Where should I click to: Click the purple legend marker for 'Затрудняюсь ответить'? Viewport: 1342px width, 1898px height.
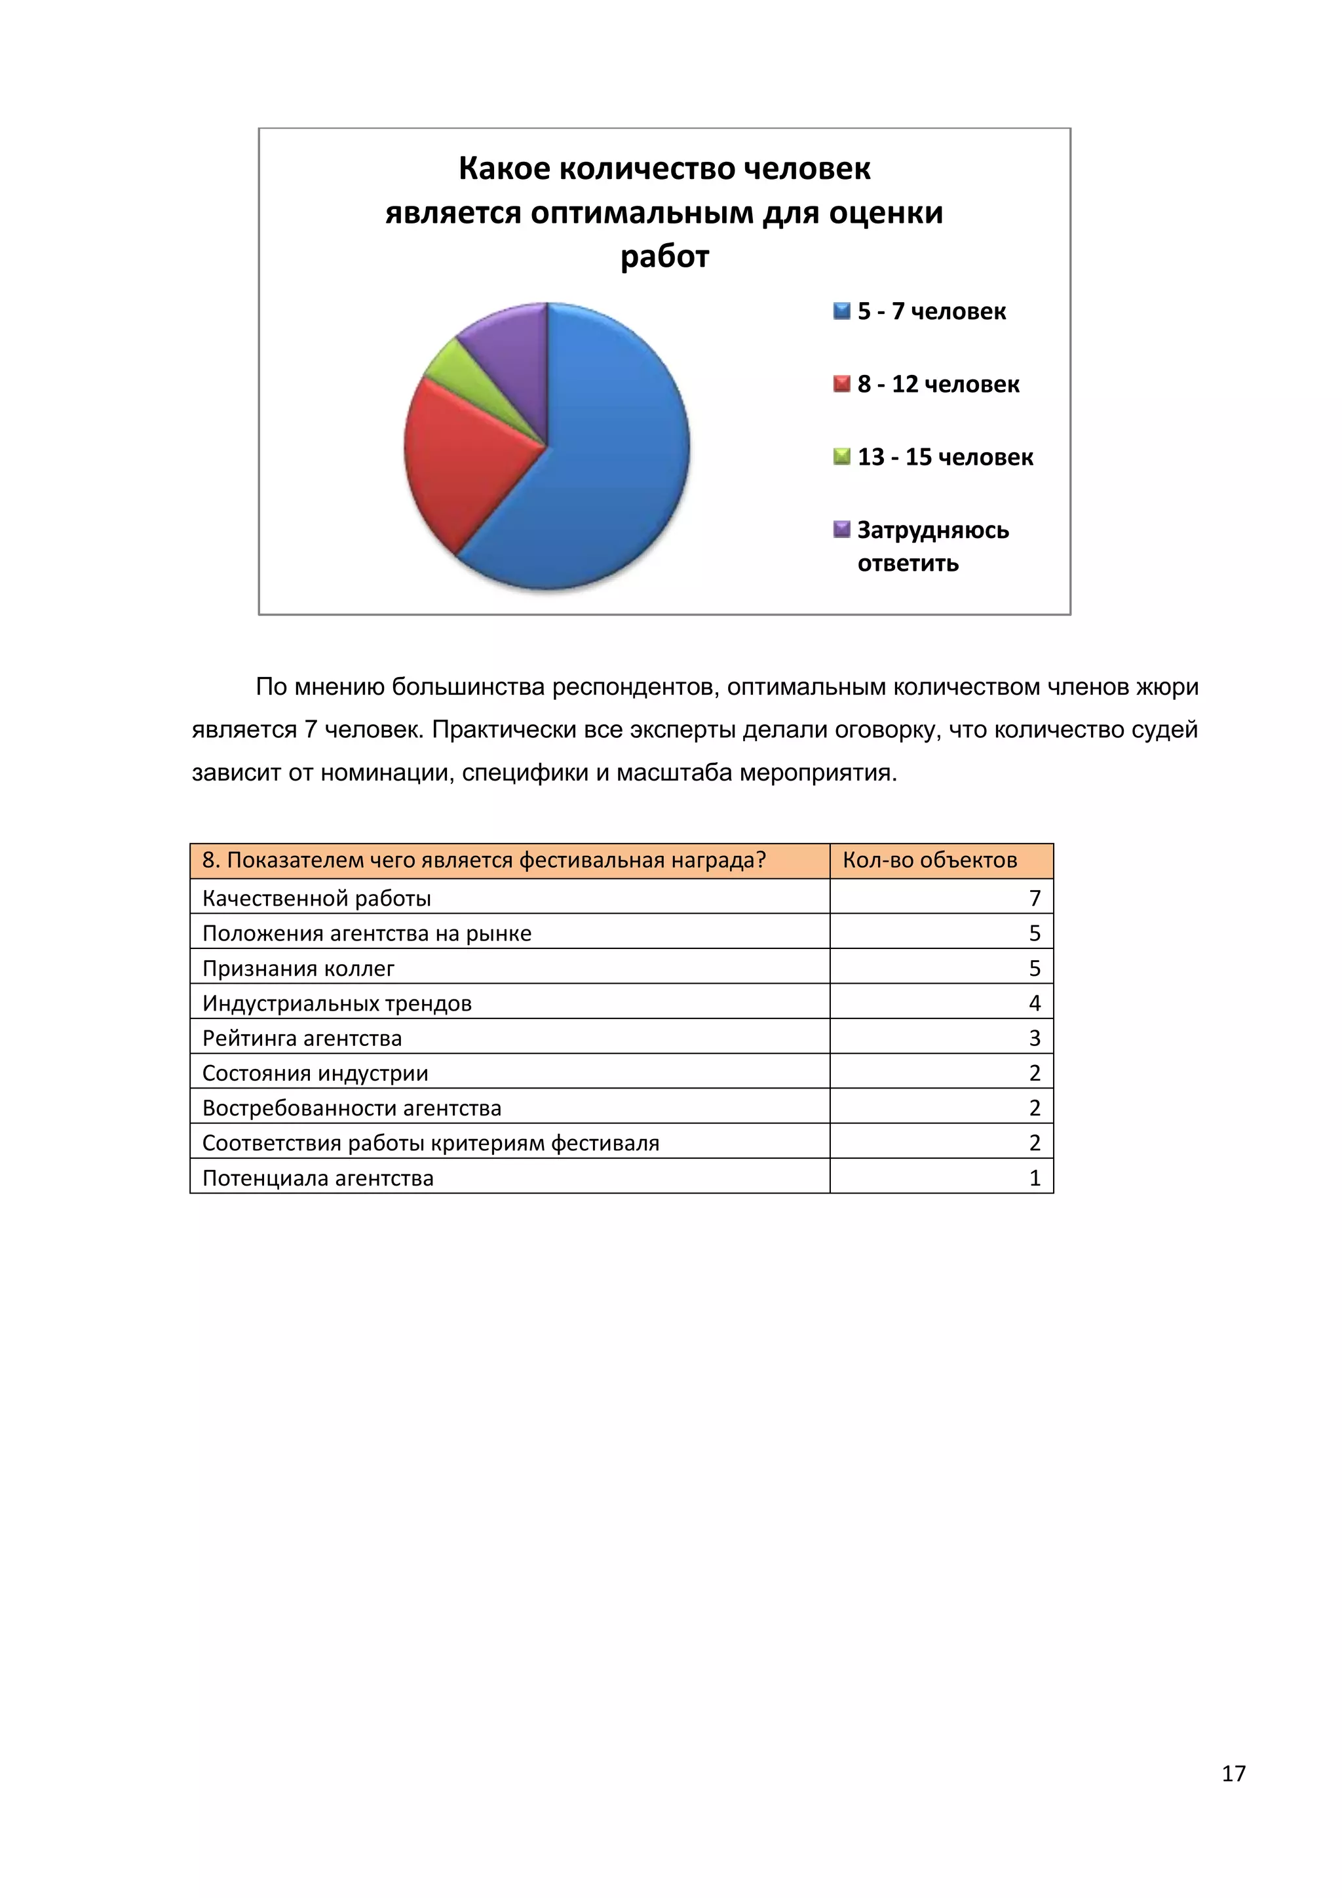(841, 529)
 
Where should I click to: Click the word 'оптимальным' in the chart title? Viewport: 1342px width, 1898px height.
(642, 213)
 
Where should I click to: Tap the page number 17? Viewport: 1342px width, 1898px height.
(1233, 1773)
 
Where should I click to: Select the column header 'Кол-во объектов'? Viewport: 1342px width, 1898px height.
(930, 861)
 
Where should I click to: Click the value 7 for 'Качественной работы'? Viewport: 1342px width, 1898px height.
(1035, 898)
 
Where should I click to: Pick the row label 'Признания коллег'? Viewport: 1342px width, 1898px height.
(298, 968)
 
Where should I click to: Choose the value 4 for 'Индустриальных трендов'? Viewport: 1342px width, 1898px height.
(1035, 1003)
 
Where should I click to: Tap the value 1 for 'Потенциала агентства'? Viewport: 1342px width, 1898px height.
(1035, 1178)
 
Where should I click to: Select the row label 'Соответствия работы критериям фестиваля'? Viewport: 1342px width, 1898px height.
(431, 1143)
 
